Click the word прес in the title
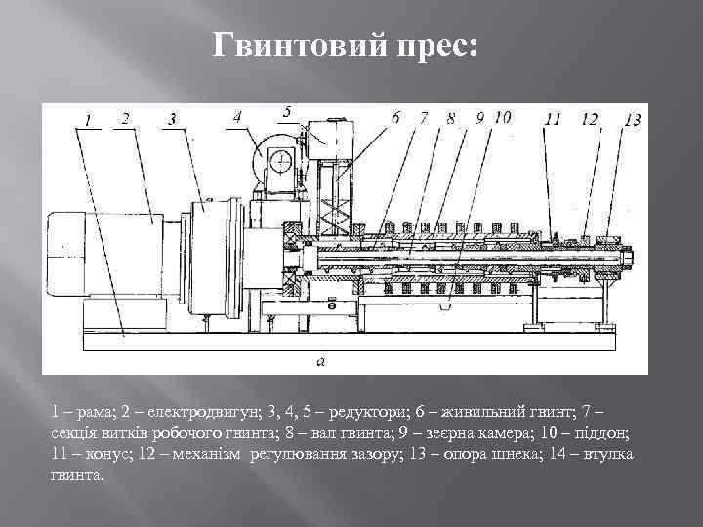point(430,46)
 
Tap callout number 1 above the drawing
point(88,120)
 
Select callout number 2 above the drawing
point(124,118)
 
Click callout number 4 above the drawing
point(238,117)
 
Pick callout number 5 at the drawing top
point(287,110)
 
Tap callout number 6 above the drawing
point(395,117)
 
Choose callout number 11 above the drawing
point(553,119)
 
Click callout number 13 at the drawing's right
point(632,119)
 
